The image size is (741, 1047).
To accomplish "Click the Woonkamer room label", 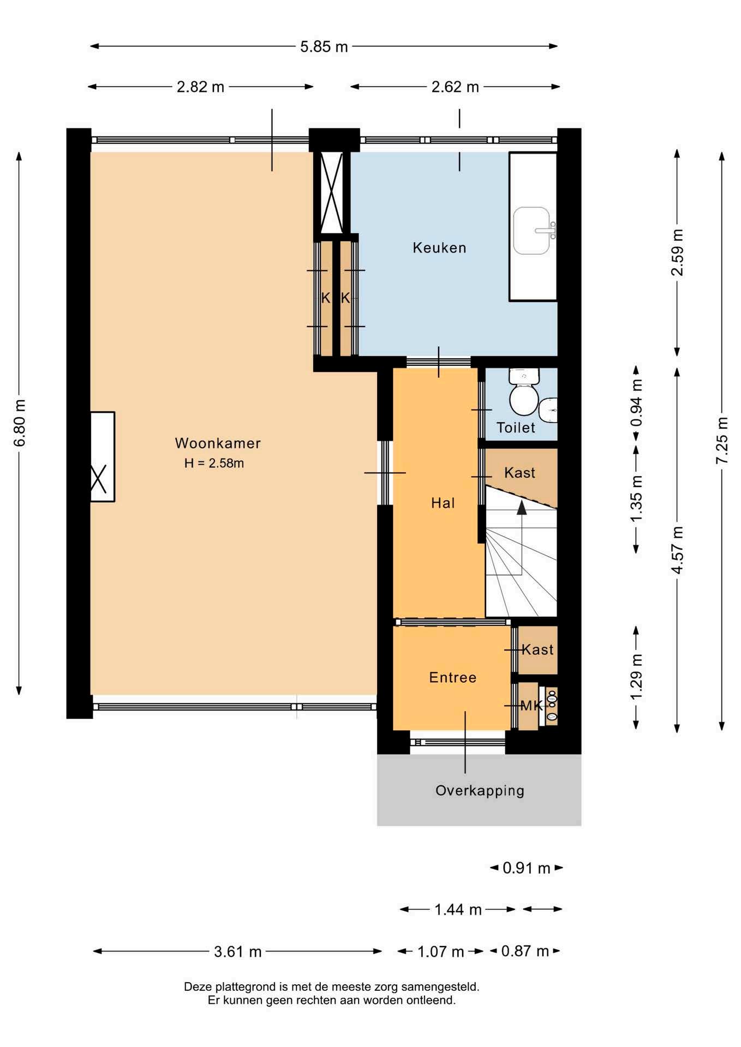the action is point(218,443).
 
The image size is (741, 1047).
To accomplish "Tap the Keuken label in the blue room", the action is point(439,248).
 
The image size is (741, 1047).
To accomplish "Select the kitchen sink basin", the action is point(531,231).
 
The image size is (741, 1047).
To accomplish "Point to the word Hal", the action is point(443,503).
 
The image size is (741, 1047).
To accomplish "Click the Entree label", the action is point(453,677).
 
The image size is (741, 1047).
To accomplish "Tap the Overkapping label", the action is point(480,790).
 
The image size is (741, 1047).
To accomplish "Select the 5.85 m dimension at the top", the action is point(324,47).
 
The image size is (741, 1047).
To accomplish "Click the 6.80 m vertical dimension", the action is point(20,423).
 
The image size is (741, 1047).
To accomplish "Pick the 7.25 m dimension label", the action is point(722,441).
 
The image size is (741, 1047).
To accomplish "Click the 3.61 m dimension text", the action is point(238,952).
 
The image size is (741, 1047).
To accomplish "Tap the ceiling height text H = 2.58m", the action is point(214,464).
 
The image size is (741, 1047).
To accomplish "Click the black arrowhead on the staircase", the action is point(522,508).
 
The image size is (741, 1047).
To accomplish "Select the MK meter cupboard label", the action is point(531,706).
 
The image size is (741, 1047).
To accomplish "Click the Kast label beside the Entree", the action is point(537,649).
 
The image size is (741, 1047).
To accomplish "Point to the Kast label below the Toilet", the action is point(519,473).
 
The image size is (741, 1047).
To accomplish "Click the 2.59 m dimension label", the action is point(677,252).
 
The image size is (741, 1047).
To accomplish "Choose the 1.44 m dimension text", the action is point(458,910).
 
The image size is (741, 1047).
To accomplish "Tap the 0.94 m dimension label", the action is point(636,404).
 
